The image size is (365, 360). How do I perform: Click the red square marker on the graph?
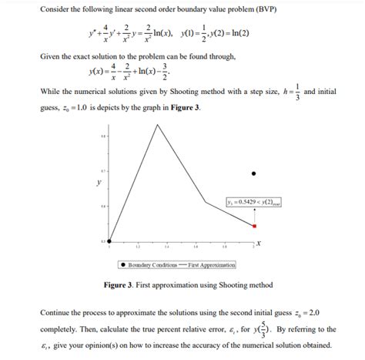[x=254, y=226]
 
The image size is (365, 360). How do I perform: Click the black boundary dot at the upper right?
[x=254, y=173]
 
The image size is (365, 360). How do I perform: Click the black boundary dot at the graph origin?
[x=108, y=243]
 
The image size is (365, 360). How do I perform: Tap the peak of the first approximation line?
[x=157, y=124]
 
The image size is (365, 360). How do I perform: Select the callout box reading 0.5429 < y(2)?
[x=253, y=202]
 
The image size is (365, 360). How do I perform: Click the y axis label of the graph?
[x=97, y=183]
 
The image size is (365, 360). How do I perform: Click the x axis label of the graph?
[x=260, y=243]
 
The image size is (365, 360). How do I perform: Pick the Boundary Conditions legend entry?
[x=151, y=265]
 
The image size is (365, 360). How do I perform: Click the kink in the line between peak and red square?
[x=206, y=202]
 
